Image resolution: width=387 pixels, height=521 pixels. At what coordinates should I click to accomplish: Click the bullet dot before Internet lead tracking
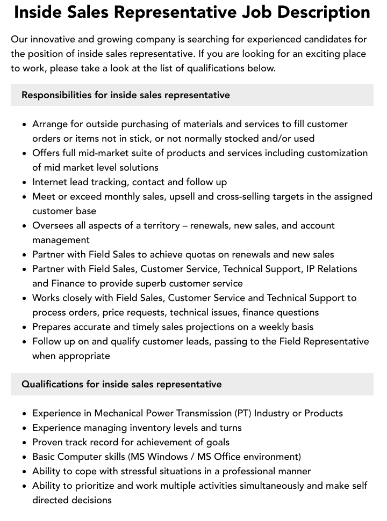25,182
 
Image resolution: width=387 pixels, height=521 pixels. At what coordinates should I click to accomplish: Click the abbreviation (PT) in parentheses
242,413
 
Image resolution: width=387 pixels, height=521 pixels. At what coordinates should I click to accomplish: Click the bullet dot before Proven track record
25,443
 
